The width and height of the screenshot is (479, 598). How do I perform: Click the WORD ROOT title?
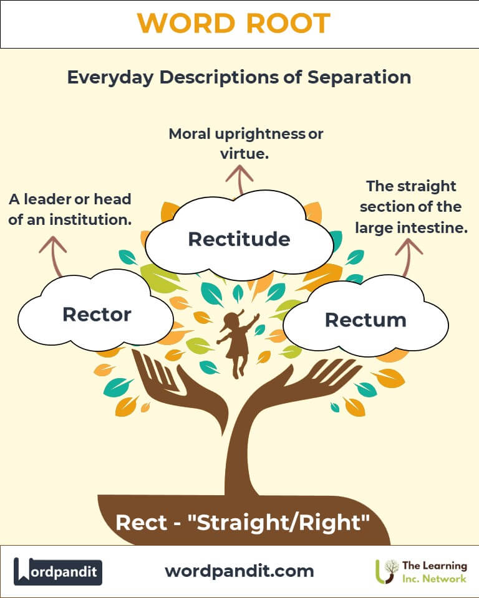click(234, 23)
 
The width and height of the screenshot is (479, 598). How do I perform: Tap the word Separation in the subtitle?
click(359, 77)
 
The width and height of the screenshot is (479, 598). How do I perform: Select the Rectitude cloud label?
click(239, 239)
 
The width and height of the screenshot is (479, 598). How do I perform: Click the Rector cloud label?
click(97, 315)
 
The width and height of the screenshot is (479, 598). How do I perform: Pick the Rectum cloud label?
click(365, 320)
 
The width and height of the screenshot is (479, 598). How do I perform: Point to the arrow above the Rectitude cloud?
click(239, 179)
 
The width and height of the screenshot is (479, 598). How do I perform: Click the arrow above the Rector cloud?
click(53, 256)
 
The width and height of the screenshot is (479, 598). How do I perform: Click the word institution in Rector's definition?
click(90, 220)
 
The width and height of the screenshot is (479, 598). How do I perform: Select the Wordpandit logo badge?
click(58, 572)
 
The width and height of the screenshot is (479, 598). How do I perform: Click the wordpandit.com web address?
click(239, 571)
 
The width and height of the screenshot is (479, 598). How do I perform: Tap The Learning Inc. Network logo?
click(421, 572)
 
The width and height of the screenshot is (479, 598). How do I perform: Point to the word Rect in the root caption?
click(141, 523)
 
